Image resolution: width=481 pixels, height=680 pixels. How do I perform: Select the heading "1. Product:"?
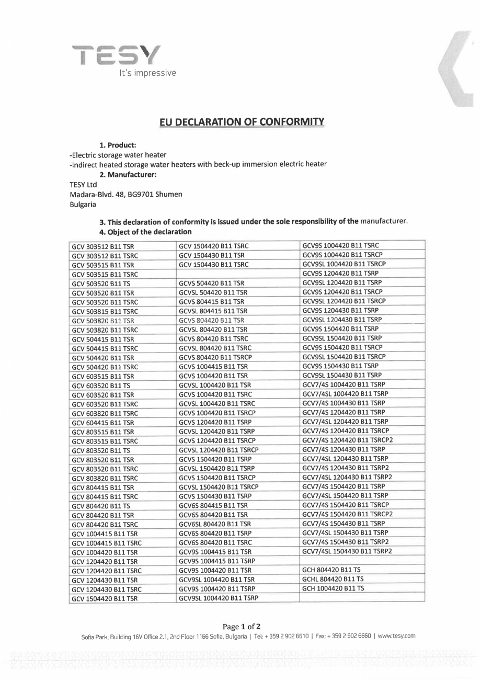click(118, 145)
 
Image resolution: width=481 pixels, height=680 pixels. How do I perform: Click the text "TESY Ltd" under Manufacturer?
click(83, 184)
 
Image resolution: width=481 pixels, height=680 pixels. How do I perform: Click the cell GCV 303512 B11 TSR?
click(102, 245)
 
